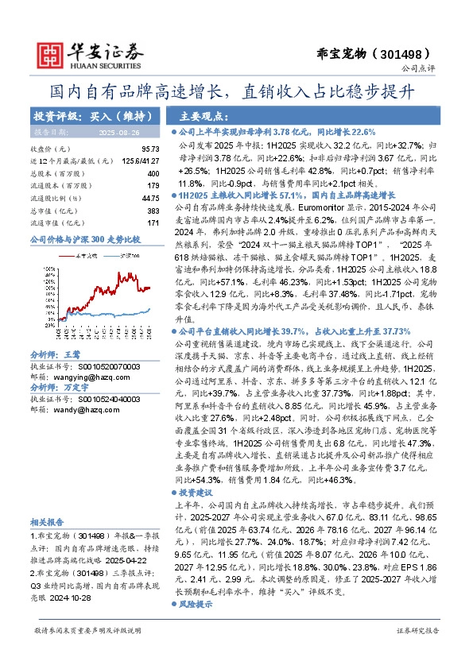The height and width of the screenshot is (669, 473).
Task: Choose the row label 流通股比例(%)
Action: click(x=56, y=198)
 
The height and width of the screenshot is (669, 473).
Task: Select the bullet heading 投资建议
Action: click(x=196, y=493)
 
